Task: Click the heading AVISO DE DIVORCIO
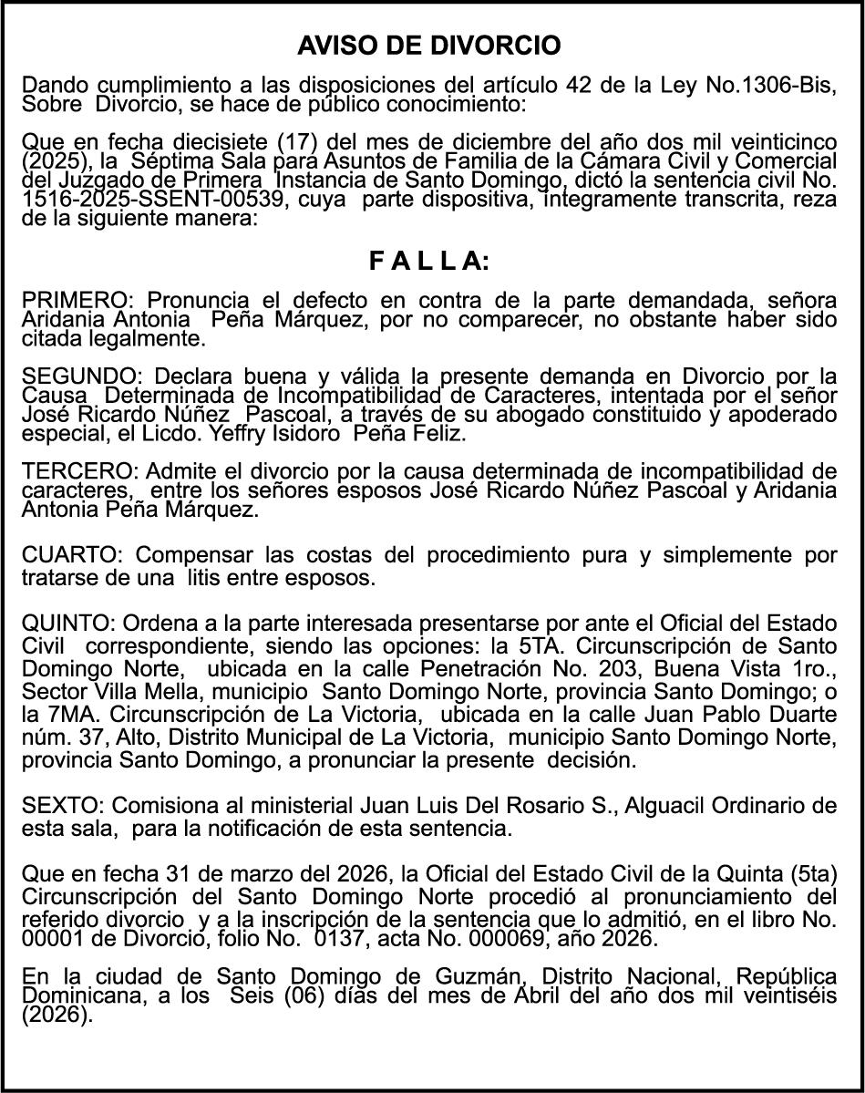coord(429,45)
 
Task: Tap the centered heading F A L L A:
coord(429,262)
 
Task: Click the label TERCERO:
coord(80,471)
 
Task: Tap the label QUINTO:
coord(68,623)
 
